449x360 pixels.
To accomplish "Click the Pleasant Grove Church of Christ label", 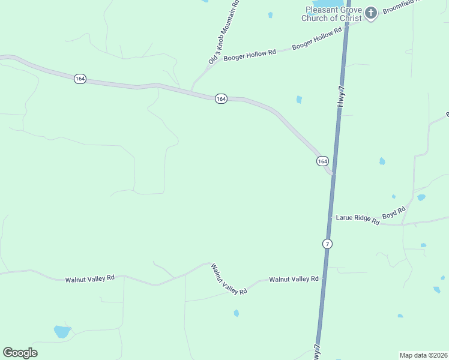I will [x=333, y=14].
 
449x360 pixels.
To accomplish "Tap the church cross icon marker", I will [x=371, y=13].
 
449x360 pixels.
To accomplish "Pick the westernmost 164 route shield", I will [x=80, y=79].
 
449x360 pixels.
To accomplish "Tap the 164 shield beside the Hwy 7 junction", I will [x=322, y=161].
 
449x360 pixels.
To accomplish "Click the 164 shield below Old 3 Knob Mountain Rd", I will [x=221, y=98].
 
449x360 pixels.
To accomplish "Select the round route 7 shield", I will [x=327, y=244].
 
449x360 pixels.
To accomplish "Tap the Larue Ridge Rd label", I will [x=358, y=220].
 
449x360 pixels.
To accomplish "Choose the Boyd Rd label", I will [x=394, y=212].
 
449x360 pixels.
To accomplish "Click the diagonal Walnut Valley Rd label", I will [x=229, y=279].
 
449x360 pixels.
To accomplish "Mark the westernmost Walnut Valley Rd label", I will [x=90, y=279].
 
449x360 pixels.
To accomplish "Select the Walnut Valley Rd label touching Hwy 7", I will [x=294, y=279].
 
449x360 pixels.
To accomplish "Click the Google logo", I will [x=20, y=353].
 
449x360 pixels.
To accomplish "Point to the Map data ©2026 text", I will [x=423, y=355].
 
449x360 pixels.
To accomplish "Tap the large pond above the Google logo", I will [x=62, y=331].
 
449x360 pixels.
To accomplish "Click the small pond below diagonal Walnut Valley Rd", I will [x=237, y=313].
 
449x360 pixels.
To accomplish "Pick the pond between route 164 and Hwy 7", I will [x=299, y=100].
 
